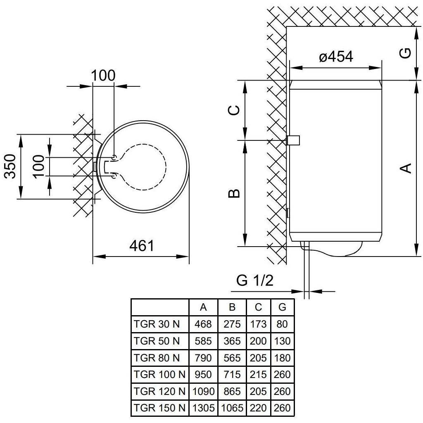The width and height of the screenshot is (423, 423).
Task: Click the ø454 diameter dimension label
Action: point(336,57)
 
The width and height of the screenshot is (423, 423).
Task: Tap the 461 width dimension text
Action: point(141,246)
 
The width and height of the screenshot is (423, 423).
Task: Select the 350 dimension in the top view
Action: point(10,166)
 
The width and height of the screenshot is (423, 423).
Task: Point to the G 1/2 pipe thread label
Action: point(255,281)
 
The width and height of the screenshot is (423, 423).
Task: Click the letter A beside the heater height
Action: point(406,168)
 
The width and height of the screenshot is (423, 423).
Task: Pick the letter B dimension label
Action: point(234,193)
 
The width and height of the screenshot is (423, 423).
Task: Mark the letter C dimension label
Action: point(234,110)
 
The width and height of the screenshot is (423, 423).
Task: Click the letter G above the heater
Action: point(406,52)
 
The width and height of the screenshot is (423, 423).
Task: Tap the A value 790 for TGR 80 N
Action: point(203,358)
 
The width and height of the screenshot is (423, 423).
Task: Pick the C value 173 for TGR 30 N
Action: point(258,324)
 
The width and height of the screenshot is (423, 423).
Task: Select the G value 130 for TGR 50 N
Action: point(282,341)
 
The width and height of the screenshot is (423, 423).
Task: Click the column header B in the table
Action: point(232,307)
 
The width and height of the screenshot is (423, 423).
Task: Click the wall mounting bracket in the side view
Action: point(294,140)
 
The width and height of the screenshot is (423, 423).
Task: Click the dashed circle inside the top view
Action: point(165,166)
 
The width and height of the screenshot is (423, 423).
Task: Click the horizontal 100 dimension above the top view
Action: point(103,76)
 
